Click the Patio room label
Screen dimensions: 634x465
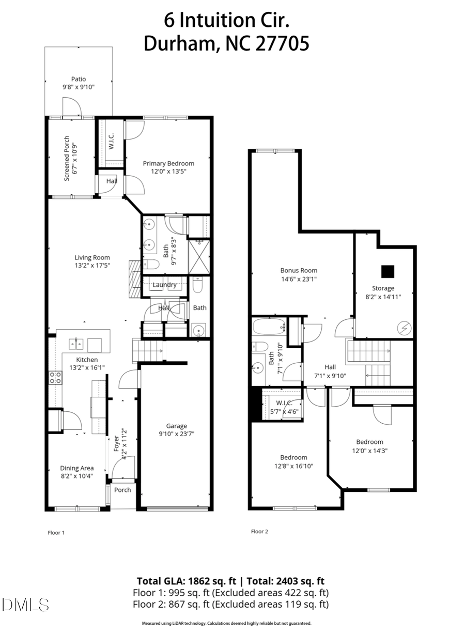(x=79, y=79)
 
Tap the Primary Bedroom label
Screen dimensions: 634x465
(x=168, y=163)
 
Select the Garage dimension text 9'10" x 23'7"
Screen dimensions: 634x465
(x=177, y=434)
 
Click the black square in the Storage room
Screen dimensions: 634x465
(x=387, y=271)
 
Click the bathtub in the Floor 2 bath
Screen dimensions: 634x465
(x=269, y=327)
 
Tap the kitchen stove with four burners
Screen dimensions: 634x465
(x=55, y=378)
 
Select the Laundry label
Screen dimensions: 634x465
(x=165, y=285)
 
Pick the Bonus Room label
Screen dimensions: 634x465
(x=299, y=270)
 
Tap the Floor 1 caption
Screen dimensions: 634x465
(x=56, y=532)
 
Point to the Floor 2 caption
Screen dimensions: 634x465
(x=259, y=531)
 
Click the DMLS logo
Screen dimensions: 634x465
(x=25, y=605)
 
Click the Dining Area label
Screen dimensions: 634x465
(x=77, y=468)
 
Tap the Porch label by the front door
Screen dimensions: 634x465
(x=122, y=490)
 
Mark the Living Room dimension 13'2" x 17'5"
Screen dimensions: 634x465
(x=92, y=266)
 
